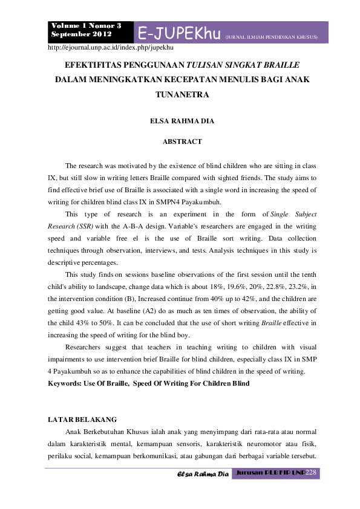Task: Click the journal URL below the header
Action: (111, 47)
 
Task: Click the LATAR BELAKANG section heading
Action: (82, 419)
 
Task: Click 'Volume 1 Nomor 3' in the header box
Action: (87, 26)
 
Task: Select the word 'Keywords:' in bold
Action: (66, 384)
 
